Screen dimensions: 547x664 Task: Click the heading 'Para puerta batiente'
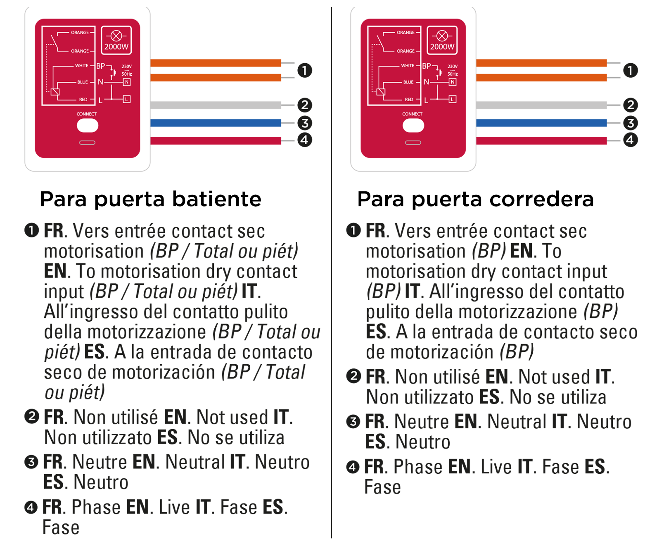click(x=150, y=199)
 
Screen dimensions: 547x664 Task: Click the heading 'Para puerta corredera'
click(x=475, y=199)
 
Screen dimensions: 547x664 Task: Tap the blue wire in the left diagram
click(x=216, y=123)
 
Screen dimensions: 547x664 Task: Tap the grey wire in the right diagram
click(x=541, y=105)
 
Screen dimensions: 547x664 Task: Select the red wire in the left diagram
click(x=216, y=141)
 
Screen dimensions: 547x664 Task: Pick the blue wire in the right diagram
click(x=541, y=123)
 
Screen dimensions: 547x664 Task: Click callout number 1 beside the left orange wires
click(x=305, y=70)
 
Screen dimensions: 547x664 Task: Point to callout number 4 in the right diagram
click(x=630, y=140)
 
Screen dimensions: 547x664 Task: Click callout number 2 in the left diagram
click(x=305, y=105)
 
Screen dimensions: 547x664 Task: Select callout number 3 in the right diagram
click(x=630, y=123)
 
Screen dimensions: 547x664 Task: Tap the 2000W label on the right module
click(x=442, y=47)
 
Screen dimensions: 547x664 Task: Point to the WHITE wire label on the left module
click(x=81, y=66)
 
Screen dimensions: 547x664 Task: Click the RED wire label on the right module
click(x=409, y=100)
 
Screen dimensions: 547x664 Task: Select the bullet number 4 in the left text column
click(x=31, y=507)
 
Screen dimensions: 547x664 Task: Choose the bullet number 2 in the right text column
click(x=353, y=377)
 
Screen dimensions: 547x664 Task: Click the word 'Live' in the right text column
click(x=496, y=467)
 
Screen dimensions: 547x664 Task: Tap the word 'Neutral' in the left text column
click(x=195, y=462)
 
